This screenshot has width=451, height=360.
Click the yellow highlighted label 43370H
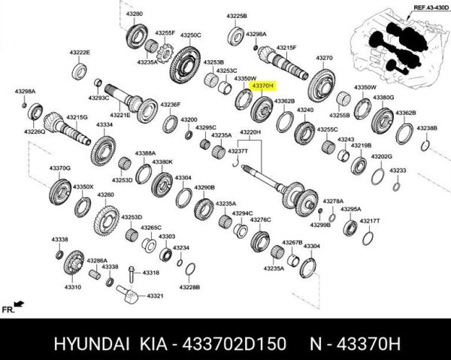262,87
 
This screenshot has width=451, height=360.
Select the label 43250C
190,35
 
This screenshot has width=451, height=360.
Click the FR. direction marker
9,309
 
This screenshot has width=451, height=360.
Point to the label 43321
155,296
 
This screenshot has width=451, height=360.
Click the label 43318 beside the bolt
151,273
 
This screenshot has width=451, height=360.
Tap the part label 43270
324,58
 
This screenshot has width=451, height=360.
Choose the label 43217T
370,221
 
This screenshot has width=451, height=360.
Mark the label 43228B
189,286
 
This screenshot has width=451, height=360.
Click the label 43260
105,195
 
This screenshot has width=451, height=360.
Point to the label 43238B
426,129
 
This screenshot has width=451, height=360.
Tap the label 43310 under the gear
72,287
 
